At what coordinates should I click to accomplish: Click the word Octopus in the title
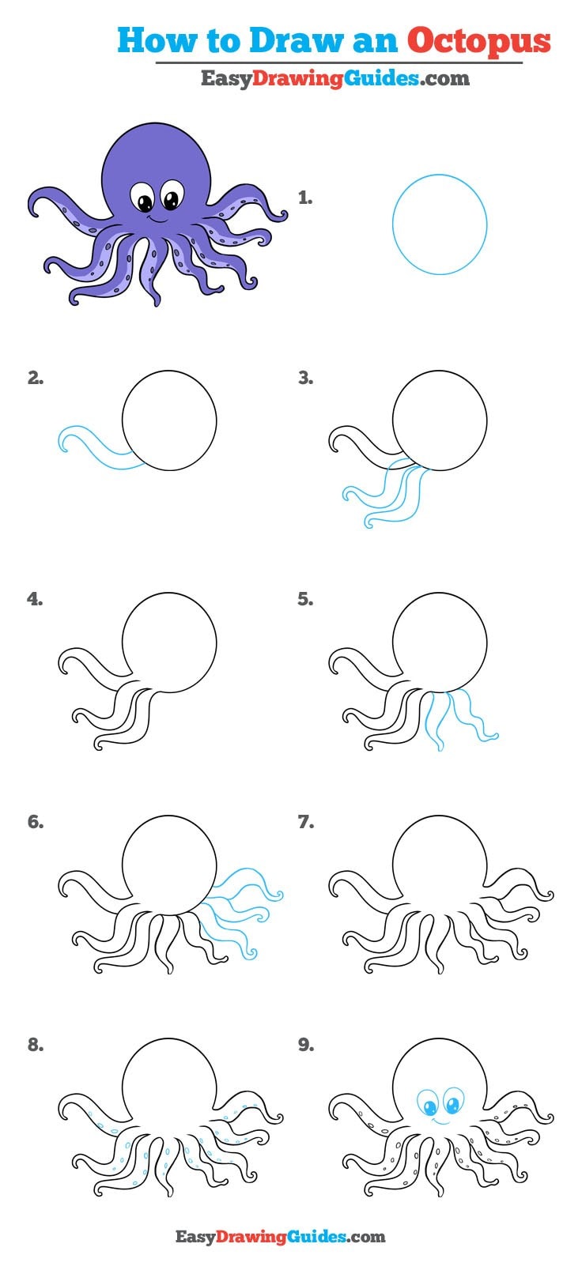click(479, 40)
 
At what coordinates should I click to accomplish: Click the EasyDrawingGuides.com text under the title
click(334, 78)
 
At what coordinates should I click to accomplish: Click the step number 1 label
click(304, 198)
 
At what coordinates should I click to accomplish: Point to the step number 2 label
click(36, 379)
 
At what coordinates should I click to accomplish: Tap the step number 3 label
click(305, 379)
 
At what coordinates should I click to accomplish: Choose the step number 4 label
click(36, 600)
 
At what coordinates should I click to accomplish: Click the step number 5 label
click(305, 600)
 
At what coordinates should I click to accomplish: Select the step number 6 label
click(36, 823)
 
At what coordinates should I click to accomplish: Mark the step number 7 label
click(305, 823)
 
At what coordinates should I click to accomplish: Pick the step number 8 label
click(36, 1046)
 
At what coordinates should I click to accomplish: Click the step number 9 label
click(305, 1046)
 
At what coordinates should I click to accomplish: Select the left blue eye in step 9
click(428, 1102)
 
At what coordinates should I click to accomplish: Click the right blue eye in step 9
click(452, 1100)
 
